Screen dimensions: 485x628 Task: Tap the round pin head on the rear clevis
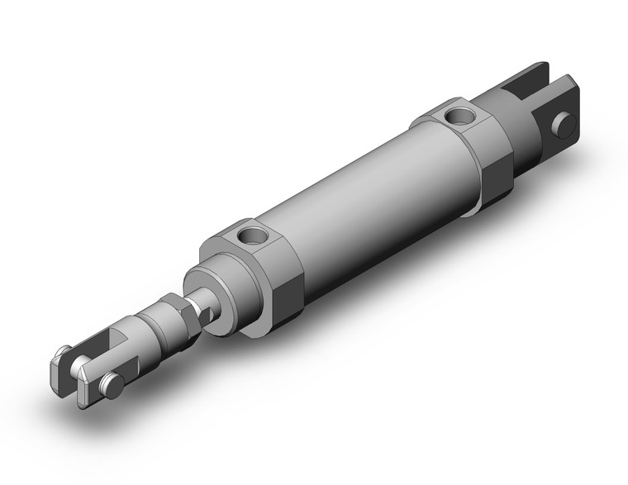[x=564, y=125]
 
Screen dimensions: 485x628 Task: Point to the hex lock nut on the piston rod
[x=183, y=316]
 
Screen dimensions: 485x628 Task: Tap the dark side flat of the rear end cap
[x=496, y=183]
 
